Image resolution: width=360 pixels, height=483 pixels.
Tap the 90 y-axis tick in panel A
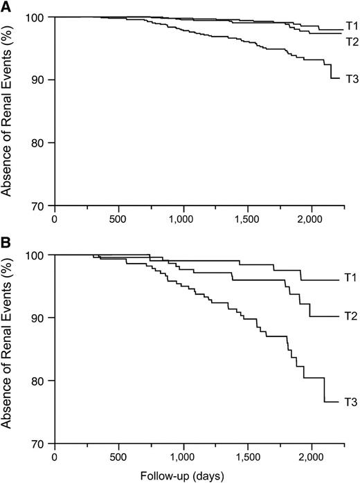[x=40, y=80]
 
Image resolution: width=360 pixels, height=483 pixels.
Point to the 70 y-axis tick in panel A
[x=40, y=206]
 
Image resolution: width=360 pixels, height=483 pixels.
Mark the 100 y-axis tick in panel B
[x=37, y=255]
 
